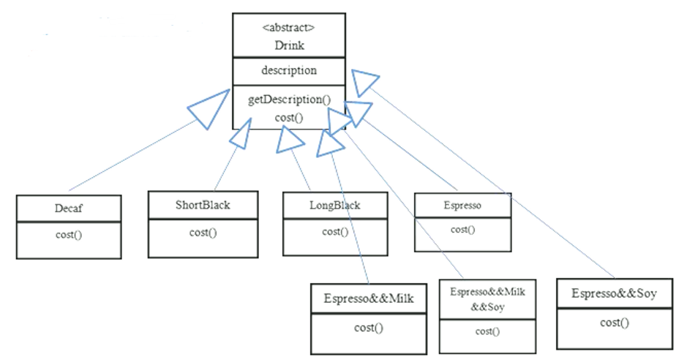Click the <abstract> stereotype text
point(288,29)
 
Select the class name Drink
point(288,45)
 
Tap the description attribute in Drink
point(289,71)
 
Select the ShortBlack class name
point(203,205)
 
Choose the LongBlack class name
point(334,206)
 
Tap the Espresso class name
point(462,206)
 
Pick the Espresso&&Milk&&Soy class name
point(487,298)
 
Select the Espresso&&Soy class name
point(615,295)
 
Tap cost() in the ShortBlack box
point(203,233)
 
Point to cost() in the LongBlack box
point(334,232)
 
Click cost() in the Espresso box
point(462,230)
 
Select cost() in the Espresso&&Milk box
point(369,327)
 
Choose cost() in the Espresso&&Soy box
point(615,322)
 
